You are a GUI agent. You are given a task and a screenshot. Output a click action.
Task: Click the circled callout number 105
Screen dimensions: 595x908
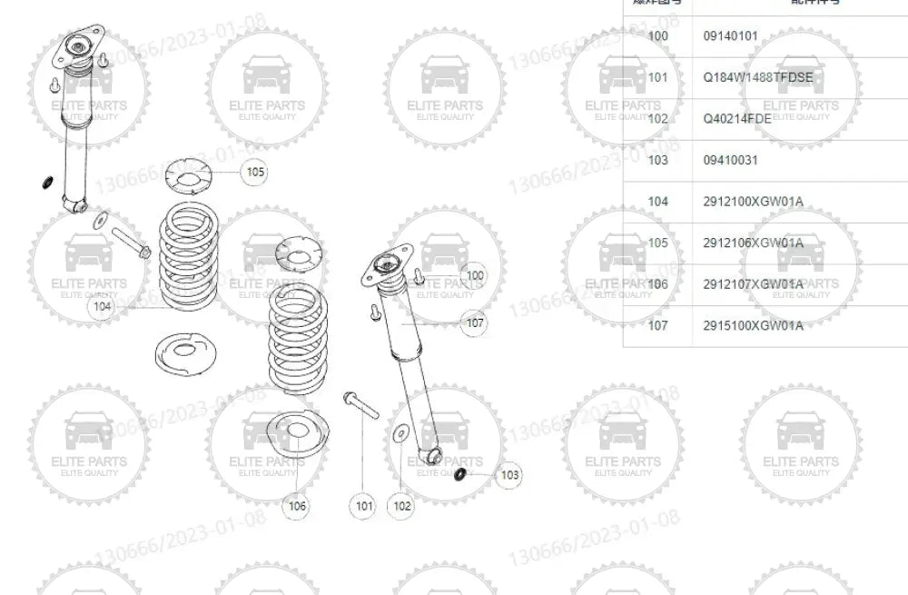click(x=255, y=172)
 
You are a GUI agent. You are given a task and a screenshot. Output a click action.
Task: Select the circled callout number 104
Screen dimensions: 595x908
click(x=102, y=307)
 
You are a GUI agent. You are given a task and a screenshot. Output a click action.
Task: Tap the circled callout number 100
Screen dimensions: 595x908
click(x=475, y=275)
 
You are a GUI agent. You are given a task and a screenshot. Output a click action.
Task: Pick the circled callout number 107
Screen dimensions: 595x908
click(x=475, y=322)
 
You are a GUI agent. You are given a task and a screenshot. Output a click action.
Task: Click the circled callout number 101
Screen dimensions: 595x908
click(x=364, y=506)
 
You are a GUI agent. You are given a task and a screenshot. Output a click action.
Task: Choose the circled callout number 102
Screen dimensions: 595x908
click(x=402, y=506)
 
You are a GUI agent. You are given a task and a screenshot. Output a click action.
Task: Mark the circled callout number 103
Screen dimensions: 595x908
click(x=510, y=474)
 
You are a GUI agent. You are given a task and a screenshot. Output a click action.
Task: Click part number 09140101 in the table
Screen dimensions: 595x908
click(x=731, y=36)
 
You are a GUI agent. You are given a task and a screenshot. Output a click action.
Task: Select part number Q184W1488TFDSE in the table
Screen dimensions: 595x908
click(x=758, y=77)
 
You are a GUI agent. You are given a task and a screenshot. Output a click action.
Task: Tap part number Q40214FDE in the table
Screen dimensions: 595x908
click(x=737, y=119)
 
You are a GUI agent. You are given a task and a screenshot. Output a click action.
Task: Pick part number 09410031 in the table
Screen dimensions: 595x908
click(x=731, y=160)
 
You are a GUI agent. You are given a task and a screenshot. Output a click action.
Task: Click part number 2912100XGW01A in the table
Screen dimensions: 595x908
click(x=754, y=202)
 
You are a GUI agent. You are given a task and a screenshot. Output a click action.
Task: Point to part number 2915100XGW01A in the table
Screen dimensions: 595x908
click(x=754, y=325)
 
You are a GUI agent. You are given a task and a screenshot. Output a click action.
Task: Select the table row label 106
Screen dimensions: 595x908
click(x=658, y=284)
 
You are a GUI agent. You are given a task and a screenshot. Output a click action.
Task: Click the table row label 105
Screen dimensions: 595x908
click(x=658, y=243)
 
